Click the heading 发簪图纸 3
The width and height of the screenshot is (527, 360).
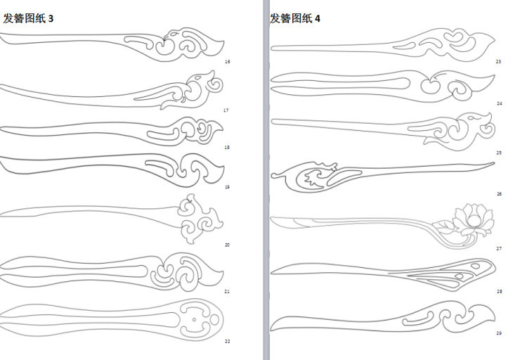point(29,18)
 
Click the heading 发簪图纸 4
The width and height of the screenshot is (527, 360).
point(295,18)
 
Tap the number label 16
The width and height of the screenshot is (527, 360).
point(227,62)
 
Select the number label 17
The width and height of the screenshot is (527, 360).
point(226,110)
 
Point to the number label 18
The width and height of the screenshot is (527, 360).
point(227,148)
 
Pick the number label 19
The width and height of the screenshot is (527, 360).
point(227,187)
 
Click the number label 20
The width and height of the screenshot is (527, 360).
point(227,245)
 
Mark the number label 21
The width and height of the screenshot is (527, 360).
point(227,290)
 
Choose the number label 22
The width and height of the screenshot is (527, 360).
point(227,341)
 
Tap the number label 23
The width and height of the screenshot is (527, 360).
point(498,62)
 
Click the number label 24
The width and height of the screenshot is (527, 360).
point(499,103)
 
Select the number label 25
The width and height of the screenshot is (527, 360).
point(498,152)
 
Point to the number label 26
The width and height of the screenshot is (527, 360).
point(498,193)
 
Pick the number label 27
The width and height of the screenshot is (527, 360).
point(498,248)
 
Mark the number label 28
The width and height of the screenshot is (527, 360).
point(499,290)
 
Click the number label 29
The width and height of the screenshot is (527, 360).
point(498,333)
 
